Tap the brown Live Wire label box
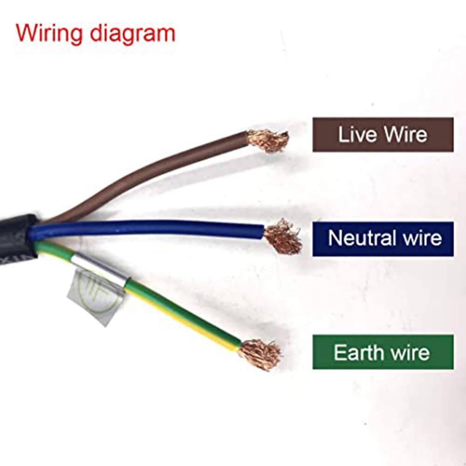[x=383, y=135]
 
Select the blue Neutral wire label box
[x=383, y=239]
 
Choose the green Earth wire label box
[x=383, y=352]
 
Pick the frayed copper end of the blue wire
[x=283, y=236]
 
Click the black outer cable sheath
[x=16, y=233]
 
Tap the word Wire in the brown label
[x=405, y=135]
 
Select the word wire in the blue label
[x=420, y=238]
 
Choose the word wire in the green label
[x=410, y=352]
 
